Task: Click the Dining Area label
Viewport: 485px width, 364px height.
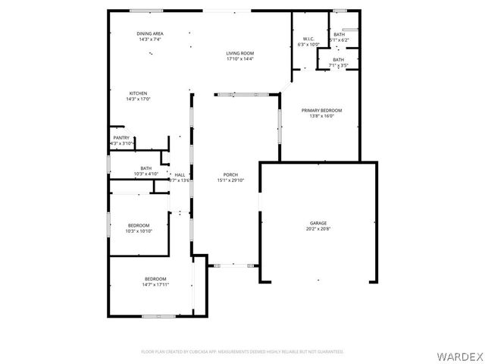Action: coord(150,34)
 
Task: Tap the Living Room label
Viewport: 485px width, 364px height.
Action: coord(239,53)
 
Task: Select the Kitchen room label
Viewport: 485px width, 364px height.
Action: coord(138,93)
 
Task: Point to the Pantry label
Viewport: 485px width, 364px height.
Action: coord(121,138)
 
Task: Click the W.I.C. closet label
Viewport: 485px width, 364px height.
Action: coord(308,39)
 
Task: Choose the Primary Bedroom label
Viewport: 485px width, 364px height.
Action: coord(321,111)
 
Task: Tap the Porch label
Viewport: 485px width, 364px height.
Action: coord(230,174)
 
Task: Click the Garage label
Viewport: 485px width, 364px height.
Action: coord(318,223)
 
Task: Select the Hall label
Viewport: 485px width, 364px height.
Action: coord(180,174)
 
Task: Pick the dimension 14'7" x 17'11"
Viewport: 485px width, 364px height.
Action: coord(155,284)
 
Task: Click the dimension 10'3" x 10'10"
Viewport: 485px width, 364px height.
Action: coord(138,231)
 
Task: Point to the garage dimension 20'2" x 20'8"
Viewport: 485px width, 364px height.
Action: coord(318,228)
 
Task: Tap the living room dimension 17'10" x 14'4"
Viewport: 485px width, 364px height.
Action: coord(239,58)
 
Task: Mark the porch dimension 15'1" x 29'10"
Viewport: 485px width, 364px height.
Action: coord(230,180)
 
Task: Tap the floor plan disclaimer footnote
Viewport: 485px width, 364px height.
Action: coord(242,352)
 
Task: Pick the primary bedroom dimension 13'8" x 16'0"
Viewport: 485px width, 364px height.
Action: coord(321,116)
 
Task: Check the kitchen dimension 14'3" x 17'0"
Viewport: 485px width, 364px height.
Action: coord(138,99)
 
